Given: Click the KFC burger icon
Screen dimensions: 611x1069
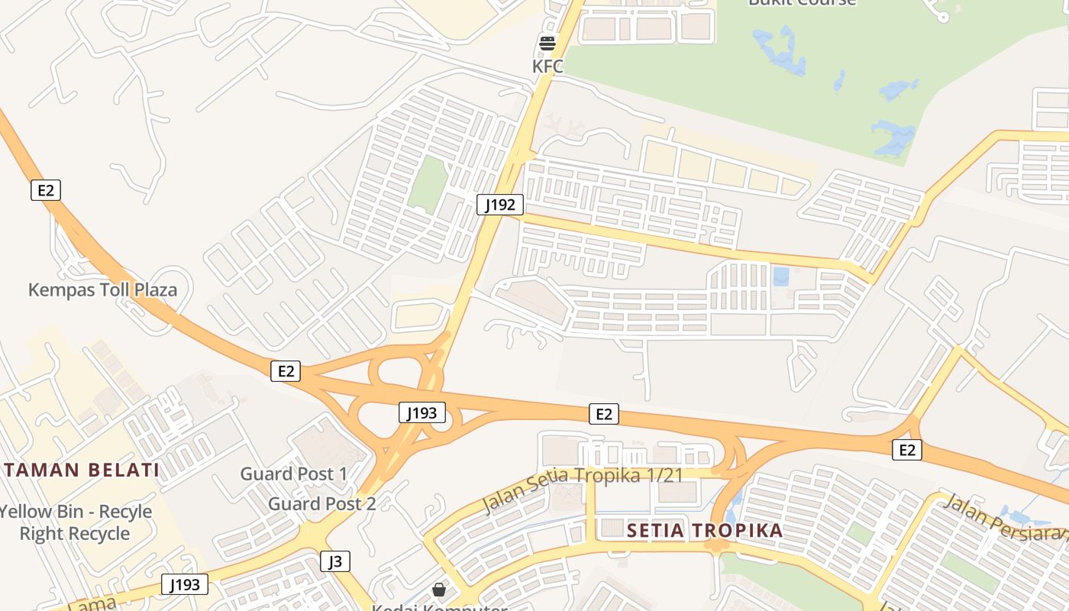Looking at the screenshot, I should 547,44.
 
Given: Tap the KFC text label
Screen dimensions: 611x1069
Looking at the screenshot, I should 547,66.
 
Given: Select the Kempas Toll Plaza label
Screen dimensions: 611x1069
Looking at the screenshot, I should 102,290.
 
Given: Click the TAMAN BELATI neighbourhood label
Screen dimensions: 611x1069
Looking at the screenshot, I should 80,470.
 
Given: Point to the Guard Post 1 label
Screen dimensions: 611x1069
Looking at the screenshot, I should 294,474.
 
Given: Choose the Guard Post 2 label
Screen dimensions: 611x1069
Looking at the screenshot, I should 321,504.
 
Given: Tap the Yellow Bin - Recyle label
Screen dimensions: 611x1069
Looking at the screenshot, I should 76,512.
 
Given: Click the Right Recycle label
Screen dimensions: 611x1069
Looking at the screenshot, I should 75,534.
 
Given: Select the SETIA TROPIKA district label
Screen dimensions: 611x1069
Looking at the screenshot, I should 705,531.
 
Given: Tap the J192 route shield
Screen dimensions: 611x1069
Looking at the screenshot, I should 500,205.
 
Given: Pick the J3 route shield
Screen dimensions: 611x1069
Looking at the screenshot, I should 335,561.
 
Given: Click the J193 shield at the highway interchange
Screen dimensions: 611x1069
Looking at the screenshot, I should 421,413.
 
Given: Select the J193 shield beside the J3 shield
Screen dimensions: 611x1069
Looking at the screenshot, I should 185,585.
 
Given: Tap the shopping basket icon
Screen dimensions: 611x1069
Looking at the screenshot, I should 439,590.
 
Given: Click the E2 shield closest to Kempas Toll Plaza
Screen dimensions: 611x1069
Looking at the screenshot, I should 46,190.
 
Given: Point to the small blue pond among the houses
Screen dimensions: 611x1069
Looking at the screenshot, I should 780,276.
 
